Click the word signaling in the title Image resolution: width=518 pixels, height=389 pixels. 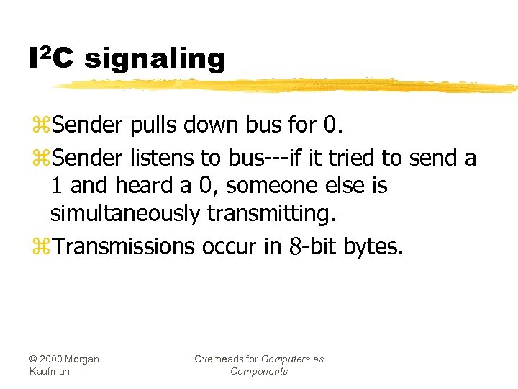[155, 58]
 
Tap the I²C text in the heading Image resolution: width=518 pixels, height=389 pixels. [51, 57]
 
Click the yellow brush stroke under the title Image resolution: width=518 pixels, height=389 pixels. [288, 86]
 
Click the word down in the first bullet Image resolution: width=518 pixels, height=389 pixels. [209, 125]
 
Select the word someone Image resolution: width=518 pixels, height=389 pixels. [279, 186]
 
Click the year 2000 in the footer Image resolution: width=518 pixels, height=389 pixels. [56, 359]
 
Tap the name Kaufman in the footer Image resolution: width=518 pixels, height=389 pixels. [48, 372]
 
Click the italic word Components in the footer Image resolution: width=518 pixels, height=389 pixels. [258, 372]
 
